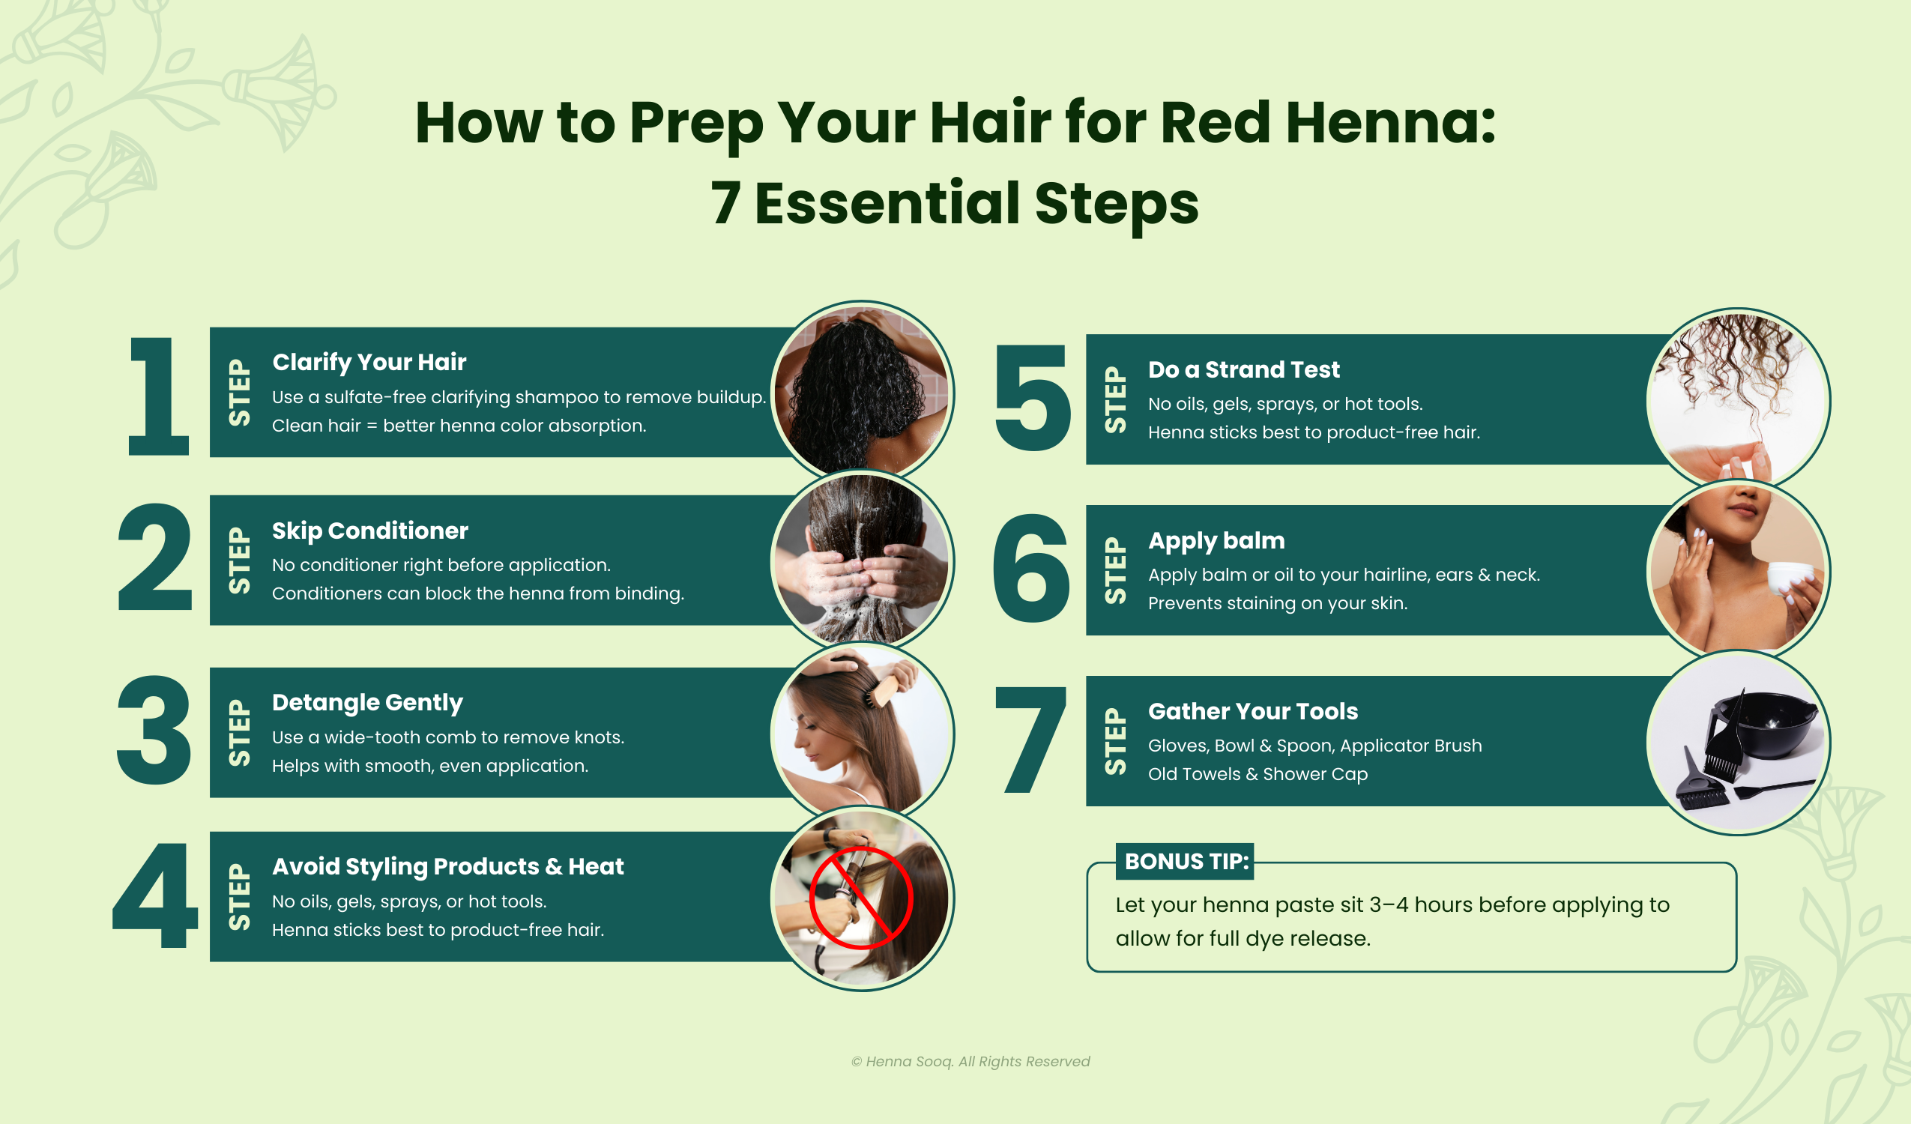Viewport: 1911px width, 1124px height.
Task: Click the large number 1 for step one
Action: pos(157,396)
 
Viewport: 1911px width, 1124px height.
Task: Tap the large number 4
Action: pos(155,895)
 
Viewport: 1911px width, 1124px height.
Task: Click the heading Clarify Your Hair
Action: pos(369,363)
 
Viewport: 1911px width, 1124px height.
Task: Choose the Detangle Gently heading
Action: pos(367,703)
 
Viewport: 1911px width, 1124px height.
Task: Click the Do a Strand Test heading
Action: pos(1244,369)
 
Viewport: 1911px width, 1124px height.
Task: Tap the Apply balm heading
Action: pos(1216,541)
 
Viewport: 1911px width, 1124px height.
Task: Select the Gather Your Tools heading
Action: pos(1253,711)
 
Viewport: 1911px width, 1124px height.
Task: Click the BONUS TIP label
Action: pos(1185,862)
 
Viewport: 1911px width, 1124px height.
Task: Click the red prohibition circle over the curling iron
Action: pos(862,898)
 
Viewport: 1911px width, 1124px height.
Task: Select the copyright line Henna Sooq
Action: pos(970,1061)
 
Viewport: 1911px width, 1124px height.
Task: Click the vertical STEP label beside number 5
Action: pos(1115,399)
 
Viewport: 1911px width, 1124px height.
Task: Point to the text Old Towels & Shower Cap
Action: pos(1258,773)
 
